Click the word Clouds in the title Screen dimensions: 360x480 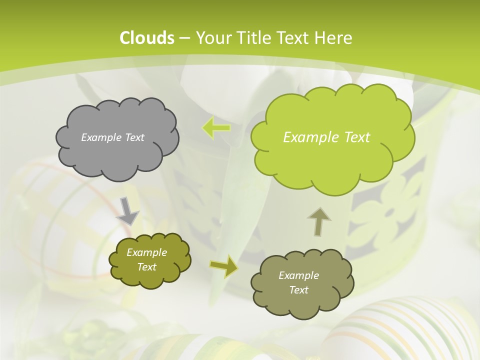click(x=146, y=38)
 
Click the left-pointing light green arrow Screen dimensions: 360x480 click(x=216, y=127)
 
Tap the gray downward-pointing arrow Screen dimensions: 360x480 click(x=128, y=211)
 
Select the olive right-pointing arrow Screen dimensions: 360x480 click(x=224, y=266)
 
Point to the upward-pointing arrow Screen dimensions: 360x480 click(x=318, y=222)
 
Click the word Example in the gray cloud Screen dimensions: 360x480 click(x=101, y=137)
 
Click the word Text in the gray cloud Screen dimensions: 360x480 click(x=134, y=137)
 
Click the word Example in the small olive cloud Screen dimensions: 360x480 click(x=147, y=252)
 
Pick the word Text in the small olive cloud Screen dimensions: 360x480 click(x=147, y=267)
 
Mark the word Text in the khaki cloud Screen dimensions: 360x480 click(x=298, y=290)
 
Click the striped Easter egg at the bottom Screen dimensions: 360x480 click(x=400, y=330)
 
